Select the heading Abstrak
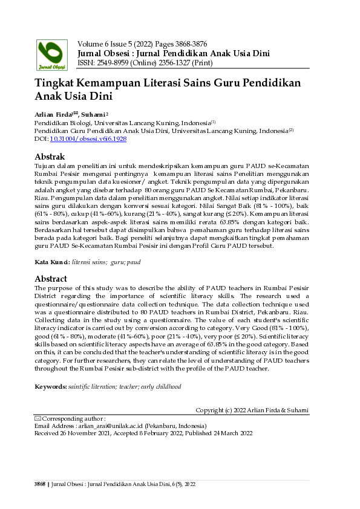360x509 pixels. [50, 157]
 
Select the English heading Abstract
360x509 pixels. [51, 279]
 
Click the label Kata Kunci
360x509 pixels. [52, 263]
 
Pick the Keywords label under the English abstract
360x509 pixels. [51, 386]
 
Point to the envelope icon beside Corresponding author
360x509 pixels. [38, 418]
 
